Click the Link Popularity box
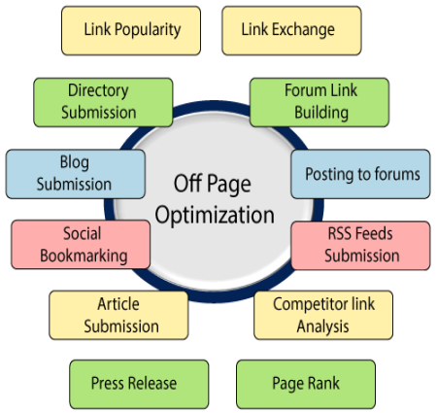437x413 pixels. click(x=131, y=30)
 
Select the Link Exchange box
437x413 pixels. click(x=291, y=30)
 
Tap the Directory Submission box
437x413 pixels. click(x=103, y=102)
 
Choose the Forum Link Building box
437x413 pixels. click(x=319, y=102)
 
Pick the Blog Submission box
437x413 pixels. click(x=76, y=174)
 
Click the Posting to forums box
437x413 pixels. click(x=360, y=174)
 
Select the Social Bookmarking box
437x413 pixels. click(x=81, y=245)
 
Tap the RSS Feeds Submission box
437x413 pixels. click(x=360, y=245)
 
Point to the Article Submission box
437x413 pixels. click(x=118, y=315)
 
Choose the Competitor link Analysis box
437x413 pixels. click(x=323, y=315)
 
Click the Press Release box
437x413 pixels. click(x=139, y=384)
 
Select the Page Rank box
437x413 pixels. click(x=306, y=384)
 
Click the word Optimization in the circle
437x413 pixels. click(x=215, y=216)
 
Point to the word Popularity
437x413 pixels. click(x=148, y=30)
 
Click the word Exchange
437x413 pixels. click(x=303, y=29)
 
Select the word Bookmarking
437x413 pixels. click(x=84, y=256)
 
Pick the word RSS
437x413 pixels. click(x=339, y=233)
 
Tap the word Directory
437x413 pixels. click(x=98, y=90)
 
